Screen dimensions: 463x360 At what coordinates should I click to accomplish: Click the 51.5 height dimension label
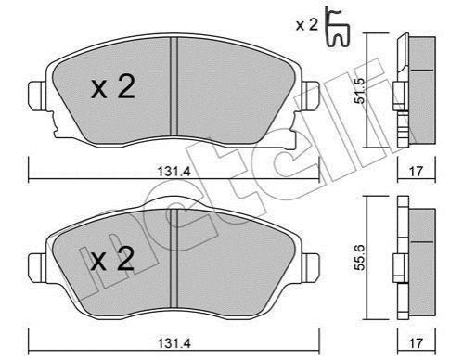361,91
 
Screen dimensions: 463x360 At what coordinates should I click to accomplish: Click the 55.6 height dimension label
360,258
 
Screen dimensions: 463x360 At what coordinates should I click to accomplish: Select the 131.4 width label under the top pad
174,172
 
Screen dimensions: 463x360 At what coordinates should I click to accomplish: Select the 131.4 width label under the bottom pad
174,342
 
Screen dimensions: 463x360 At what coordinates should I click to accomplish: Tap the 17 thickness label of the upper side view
416,172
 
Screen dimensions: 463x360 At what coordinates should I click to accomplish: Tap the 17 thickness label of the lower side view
416,342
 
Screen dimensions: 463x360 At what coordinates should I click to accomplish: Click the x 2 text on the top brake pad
113,87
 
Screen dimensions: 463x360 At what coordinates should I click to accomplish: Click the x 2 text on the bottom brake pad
112,259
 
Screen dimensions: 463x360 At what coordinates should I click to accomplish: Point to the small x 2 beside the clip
307,25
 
